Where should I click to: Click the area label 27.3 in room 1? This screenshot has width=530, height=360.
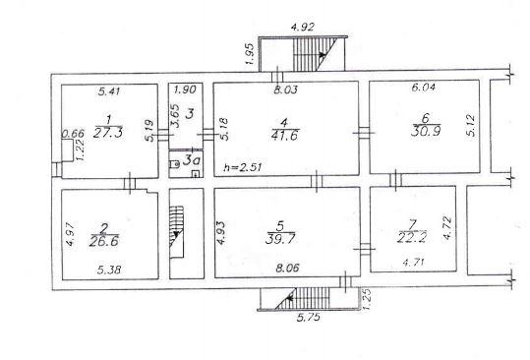tap(108, 133)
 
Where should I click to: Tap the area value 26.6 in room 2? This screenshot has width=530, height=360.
tap(104, 241)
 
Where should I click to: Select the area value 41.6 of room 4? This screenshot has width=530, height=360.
tap(285, 135)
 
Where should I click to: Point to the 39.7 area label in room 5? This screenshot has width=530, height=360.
tap(280, 239)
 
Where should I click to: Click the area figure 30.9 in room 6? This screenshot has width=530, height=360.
tap(426, 131)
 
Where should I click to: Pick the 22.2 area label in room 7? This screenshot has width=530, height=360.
tap(412, 238)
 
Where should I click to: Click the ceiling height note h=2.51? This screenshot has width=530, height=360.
tap(243, 167)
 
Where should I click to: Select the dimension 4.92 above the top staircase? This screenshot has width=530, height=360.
tap(303, 27)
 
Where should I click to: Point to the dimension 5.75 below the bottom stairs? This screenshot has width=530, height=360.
tap(309, 318)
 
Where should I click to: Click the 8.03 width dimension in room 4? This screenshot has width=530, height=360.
tap(285, 90)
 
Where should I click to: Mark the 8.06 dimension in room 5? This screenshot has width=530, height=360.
tap(287, 269)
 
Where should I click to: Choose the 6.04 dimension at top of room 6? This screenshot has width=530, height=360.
tap(424, 87)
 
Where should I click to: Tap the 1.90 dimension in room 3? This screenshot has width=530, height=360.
tap(185, 90)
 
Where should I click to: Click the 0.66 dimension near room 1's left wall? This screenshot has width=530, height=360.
tap(73, 134)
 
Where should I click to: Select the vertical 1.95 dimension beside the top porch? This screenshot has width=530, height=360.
tap(250, 53)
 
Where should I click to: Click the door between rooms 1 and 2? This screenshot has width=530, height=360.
tap(130, 184)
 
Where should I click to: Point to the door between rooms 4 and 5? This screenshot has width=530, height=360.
tap(317, 181)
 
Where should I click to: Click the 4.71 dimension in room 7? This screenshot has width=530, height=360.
tap(413, 262)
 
